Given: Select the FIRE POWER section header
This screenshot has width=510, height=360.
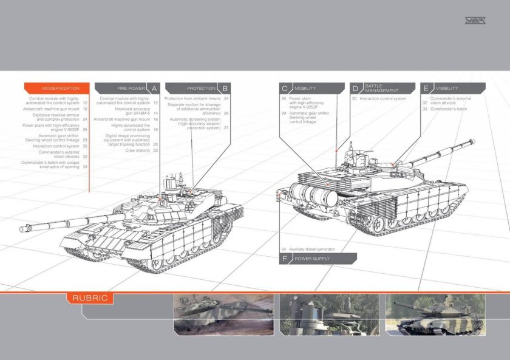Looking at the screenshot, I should (x=131, y=88).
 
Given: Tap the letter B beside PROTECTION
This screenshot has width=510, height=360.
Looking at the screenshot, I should (x=226, y=88).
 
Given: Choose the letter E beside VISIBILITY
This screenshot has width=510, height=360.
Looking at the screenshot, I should (x=426, y=88).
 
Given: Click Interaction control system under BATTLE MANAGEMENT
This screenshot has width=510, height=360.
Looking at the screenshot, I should (x=382, y=98).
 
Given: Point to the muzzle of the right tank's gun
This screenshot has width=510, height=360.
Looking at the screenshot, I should (x=471, y=143).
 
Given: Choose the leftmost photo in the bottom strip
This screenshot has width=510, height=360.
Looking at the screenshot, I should (x=223, y=314).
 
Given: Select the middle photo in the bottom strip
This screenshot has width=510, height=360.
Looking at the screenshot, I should (x=329, y=314).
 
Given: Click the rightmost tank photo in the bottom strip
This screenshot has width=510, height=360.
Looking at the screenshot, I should (x=435, y=314).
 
